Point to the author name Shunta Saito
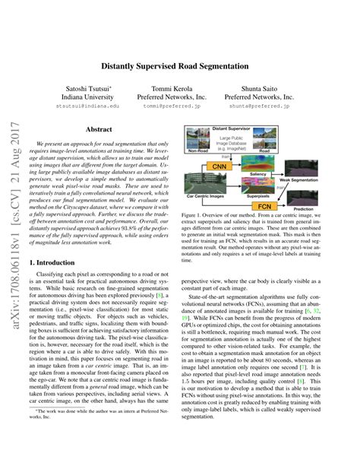[x=270, y=88]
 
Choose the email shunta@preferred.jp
[x=270, y=106]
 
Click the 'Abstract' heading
[x=99, y=130]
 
